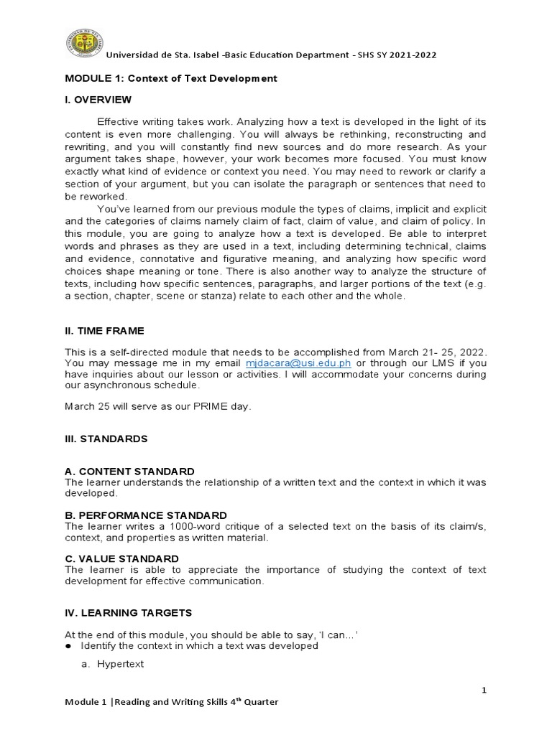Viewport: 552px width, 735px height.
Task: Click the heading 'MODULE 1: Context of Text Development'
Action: pos(170,79)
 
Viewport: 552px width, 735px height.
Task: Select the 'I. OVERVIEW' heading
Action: pos(98,99)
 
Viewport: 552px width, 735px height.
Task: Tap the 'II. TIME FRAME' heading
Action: pos(104,330)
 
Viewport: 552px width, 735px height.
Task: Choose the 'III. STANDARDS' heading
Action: pos(106,438)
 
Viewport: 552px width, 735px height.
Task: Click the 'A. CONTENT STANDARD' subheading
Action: pos(129,471)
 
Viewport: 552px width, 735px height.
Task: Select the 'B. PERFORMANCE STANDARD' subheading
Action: pos(146,515)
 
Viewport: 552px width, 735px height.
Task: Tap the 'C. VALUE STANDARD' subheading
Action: pos(121,558)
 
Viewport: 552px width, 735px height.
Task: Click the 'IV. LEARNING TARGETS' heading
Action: pos(128,613)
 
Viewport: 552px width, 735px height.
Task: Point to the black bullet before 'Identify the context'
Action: pos(69,646)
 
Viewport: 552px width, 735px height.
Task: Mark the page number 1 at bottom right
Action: pos(484,690)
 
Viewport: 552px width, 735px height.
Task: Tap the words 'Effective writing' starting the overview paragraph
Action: pos(137,123)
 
